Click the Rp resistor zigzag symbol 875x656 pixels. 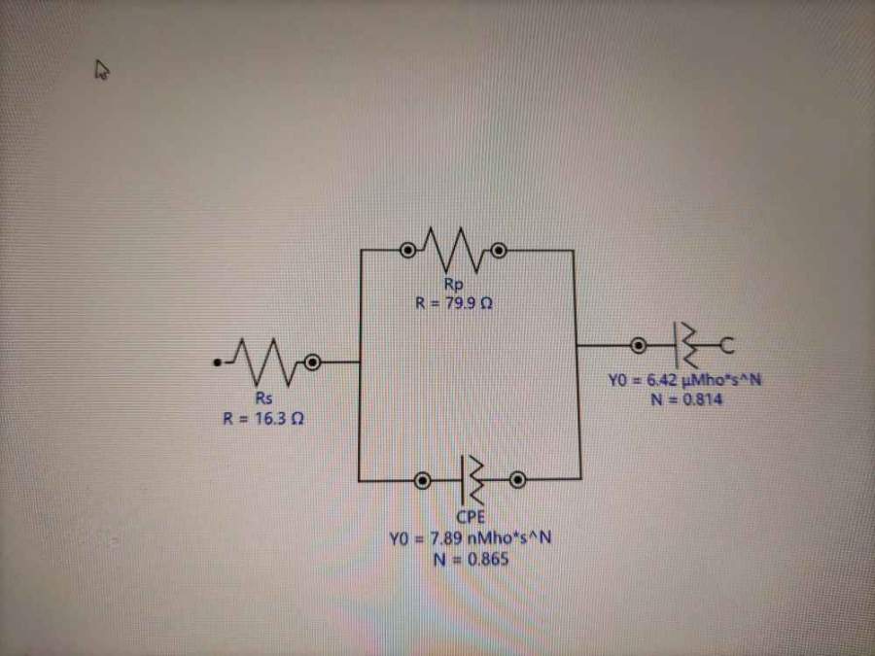[x=453, y=252]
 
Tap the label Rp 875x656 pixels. [x=453, y=285]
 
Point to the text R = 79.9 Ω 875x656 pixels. [x=453, y=302]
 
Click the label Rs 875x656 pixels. [x=262, y=399]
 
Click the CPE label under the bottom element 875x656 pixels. [x=472, y=517]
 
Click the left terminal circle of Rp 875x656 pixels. [x=408, y=252]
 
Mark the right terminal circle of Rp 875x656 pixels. [x=499, y=252]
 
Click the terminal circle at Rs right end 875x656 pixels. [x=312, y=363]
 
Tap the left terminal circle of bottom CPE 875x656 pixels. [x=422, y=479]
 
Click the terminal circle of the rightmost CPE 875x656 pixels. [x=639, y=345]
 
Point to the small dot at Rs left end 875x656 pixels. [x=218, y=363]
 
